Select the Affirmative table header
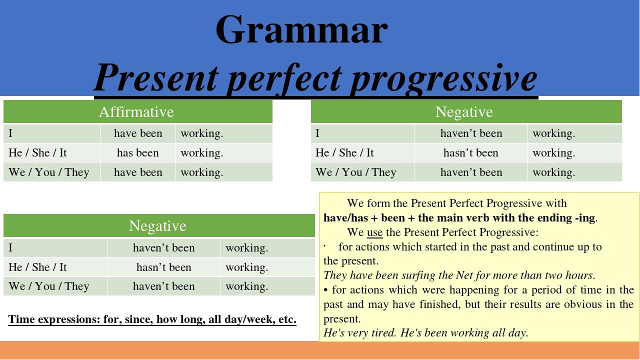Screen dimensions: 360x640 136,111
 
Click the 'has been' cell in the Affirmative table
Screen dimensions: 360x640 137,153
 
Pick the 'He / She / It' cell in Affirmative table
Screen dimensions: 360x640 37,153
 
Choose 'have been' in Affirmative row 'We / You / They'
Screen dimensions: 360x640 138,172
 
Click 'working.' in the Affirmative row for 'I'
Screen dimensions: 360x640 201,133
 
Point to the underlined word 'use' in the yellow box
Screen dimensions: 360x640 374,232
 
